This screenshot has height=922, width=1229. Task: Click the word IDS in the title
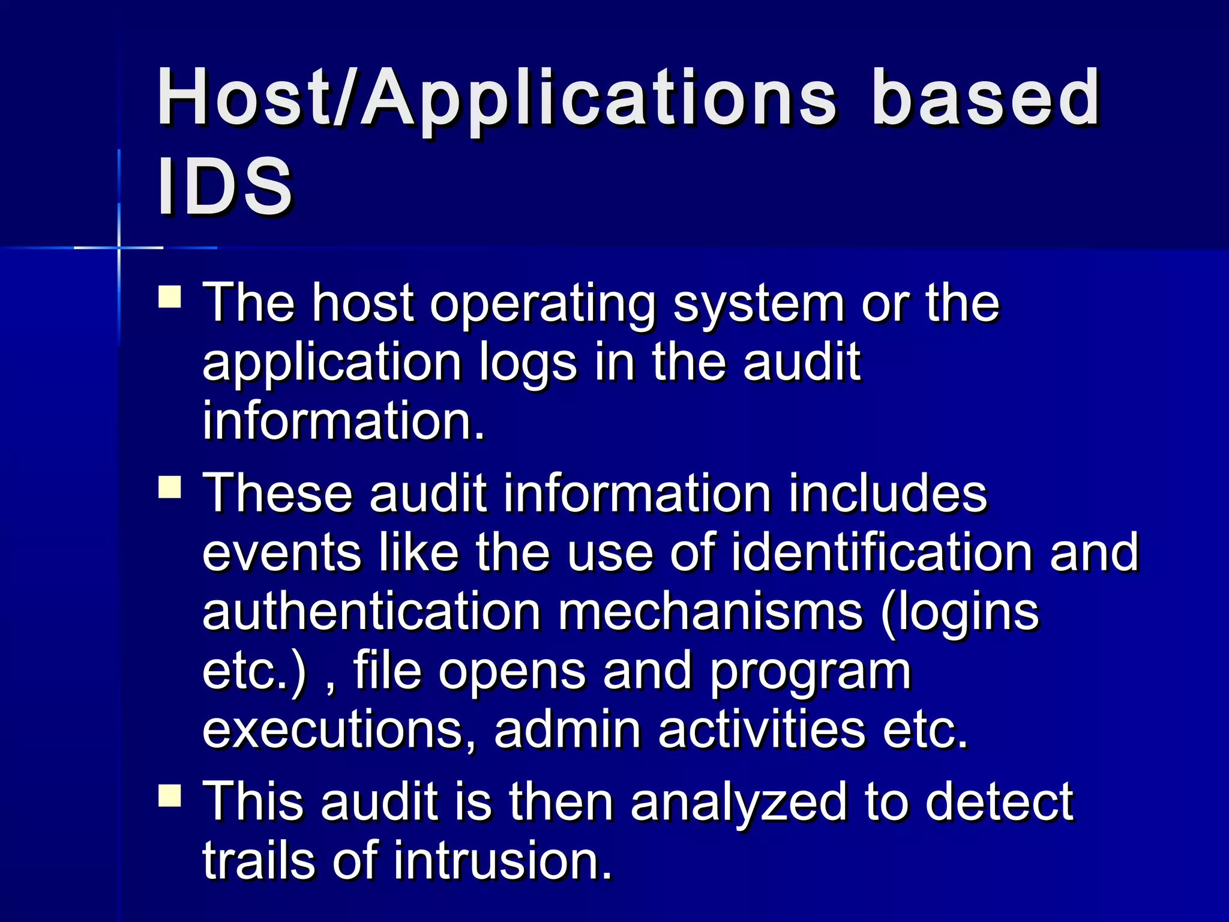(224, 186)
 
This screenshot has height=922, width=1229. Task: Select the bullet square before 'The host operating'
(170, 297)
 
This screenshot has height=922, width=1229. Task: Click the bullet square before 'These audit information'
(170, 487)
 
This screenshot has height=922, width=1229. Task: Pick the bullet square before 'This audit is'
(170, 795)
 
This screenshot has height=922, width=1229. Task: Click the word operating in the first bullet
(542, 305)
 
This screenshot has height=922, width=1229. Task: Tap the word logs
(528, 364)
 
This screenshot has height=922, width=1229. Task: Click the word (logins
(960, 613)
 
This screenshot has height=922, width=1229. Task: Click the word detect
(999, 801)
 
